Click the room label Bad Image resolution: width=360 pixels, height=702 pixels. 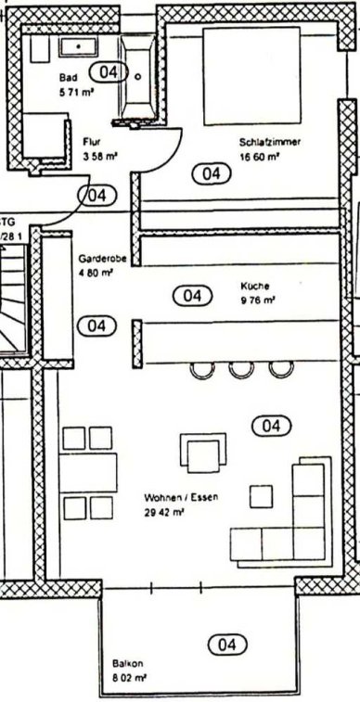pyautogui.click(x=68, y=78)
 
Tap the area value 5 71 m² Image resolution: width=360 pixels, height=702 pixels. pyautogui.click(x=77, y=93)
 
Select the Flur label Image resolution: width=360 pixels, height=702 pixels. pyautogui.click(x=91, y=142)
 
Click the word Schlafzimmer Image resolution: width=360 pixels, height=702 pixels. pyautogui.click(x=270, y=143)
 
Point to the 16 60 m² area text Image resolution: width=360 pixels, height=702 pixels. pyautogui.click(x=259, y=157)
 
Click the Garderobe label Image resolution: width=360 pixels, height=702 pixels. pyautogui.click(x=103, y=259)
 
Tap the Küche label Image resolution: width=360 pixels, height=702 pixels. pyautogui.click(x=254, y=286)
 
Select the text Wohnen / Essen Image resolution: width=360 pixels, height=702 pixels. pyautogui.click(x=181, y=497)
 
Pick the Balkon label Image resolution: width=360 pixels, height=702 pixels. pyautogui.click(x=128, y=663)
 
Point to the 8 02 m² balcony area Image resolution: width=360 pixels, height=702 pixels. pyautogui.click(x=130, y=678)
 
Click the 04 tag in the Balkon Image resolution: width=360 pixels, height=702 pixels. pyautogui.click(x=227, y=645)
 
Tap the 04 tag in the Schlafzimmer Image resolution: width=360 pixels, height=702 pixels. pyautogui.click(x=212, y=173)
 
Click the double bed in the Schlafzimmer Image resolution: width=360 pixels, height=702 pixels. pyautogui.click(x=251, y=76)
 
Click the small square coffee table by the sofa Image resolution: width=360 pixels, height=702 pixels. pyautogui.click(x=261, y=496)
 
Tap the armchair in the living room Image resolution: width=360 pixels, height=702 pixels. pyautogui.click(x=203, y=453)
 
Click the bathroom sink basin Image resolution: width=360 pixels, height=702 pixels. pyautogui.click(x=79, y=47)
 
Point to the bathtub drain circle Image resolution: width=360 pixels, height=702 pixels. pyautogui.click(x=138, y=77)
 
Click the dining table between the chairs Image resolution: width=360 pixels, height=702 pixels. pyautogui.click(x=88, y=473)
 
